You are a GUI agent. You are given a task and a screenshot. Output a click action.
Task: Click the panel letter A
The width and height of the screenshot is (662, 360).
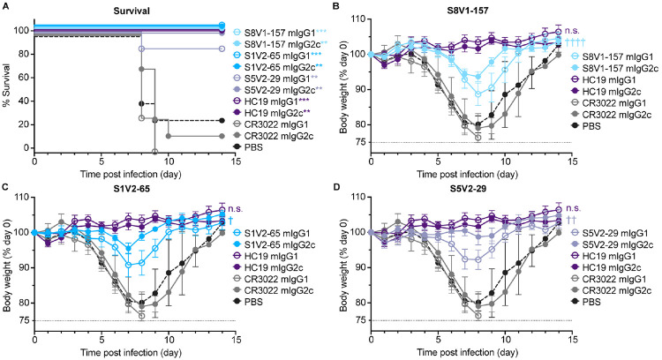click(4, 5)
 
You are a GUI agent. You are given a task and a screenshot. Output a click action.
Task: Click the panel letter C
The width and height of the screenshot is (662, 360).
click(4, 190)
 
